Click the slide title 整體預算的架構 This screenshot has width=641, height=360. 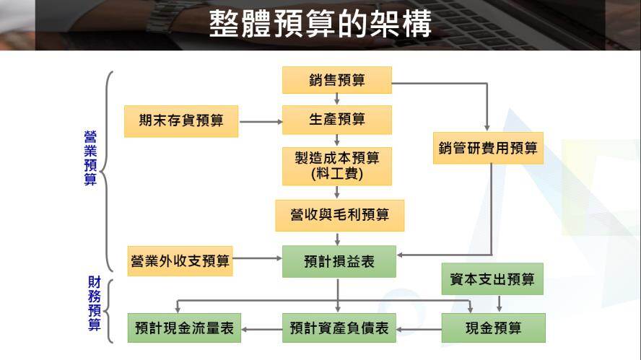(320, 25)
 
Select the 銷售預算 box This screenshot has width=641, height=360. (336, 80)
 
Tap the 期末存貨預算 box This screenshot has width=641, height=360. (180, 120)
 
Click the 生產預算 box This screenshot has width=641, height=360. (336, 120)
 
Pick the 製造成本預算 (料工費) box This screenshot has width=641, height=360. (336, 166)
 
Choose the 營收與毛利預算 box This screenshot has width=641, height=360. (339, 215)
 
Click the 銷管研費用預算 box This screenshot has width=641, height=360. (488, 148)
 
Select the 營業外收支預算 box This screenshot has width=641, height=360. (180, 260)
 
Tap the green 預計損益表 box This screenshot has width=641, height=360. (339, 261)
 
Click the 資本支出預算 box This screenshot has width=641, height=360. (492, 279)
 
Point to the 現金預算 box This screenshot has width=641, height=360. (492, 328)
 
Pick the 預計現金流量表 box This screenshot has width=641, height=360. (185, 328)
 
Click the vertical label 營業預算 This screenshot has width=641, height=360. (90, 158)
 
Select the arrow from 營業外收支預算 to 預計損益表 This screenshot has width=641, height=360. (257, 258)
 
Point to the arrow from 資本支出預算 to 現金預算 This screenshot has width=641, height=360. (499, 304)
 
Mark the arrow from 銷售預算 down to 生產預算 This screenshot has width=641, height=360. (336, 100)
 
